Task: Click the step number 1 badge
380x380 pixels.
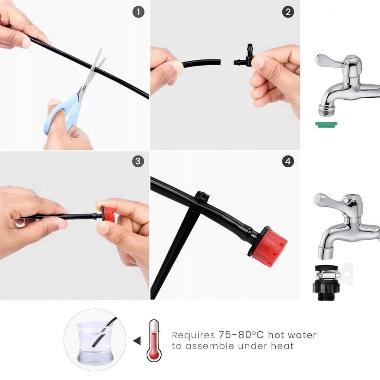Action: [x=138, y=12]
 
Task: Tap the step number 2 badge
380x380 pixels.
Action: [x=288, y=12]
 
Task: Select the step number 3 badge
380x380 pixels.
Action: [x=138, y=161]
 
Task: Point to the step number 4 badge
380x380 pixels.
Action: [x=288, y=161]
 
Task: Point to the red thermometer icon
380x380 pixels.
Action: [x=154, y=341]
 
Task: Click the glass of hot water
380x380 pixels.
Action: [x=95, y=342]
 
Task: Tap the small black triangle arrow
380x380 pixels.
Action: [x=137, y=341]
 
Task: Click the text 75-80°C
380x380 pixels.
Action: [x=241, y=335]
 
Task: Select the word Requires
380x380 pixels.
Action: [x=193, y=335]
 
